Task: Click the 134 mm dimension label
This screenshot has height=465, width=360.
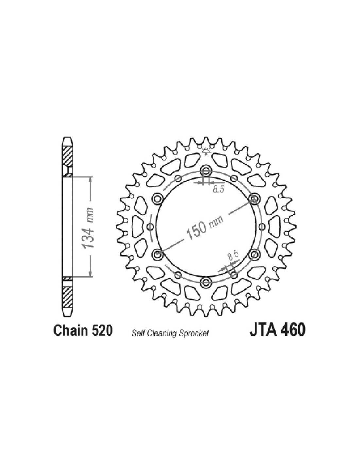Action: click(x=89, y=227)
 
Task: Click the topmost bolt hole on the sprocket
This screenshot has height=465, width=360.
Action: click(x=206, y=171)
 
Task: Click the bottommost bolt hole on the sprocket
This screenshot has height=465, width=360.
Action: click(x=206, y=282)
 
